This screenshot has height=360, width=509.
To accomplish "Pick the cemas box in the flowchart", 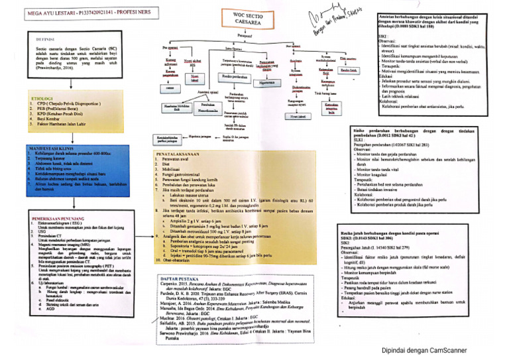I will pos(171,88).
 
